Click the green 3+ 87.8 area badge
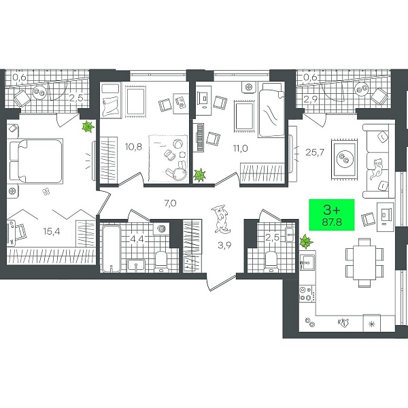click(332, 215)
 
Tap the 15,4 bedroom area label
click(52, 231)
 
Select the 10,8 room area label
click(133, 147)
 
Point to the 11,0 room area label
click(241, 148)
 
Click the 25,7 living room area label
click(315, 152)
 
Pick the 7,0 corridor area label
click(171, 203)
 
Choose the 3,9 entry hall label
click(224, 245)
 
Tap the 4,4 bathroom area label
click(137, 239)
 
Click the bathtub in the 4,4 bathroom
click(112, 249)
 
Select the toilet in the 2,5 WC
click(271, 261)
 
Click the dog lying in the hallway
click(220, 218)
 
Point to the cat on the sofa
click(377, 169)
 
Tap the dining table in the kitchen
click(364, 262)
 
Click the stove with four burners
click(307, 294)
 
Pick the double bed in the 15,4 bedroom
click(36, 160)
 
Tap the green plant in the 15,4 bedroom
click(88, 126)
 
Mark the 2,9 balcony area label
click(311, 100)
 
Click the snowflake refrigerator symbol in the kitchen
click(372, 324)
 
